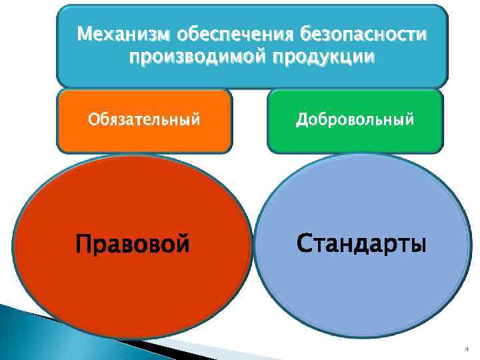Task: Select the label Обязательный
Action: [x=144, y=120]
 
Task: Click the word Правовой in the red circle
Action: [x=132, y=244]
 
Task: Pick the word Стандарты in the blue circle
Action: [x=360, y=243]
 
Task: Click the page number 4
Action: [x=466, y=349]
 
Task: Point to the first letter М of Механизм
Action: [x=83, y=33]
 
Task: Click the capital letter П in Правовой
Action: [x=84, y=244]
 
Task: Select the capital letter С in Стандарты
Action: [x=303, y=243]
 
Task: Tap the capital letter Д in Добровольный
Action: [x=302, y=120]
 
